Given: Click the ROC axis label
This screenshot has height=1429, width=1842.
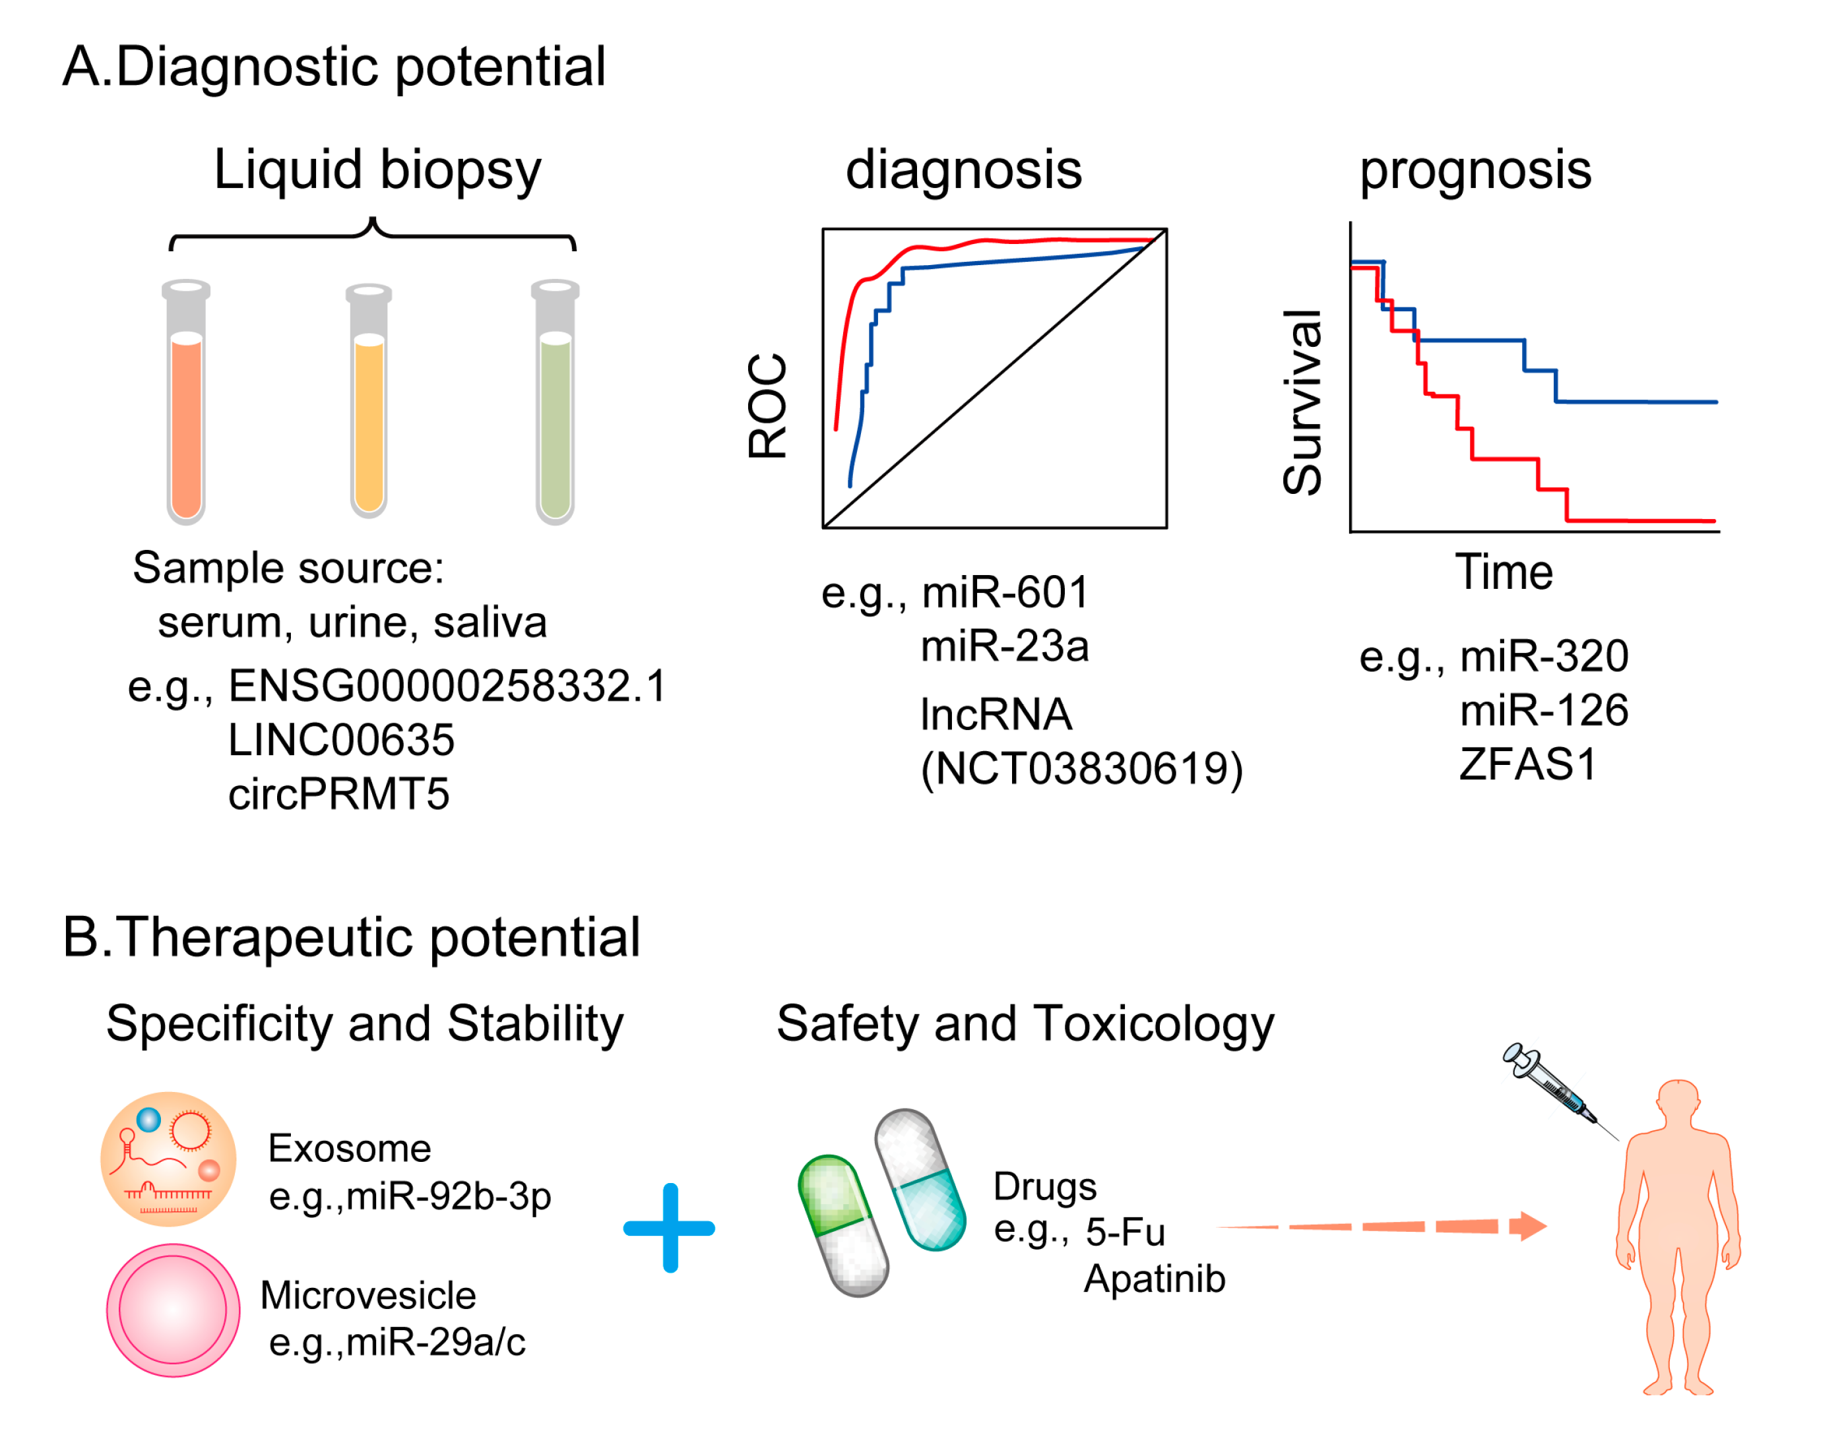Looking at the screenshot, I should pos(767,406).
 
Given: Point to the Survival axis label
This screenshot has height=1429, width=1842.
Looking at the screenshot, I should pos(1302,403).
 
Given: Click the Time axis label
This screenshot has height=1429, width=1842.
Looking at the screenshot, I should pos(1504,573).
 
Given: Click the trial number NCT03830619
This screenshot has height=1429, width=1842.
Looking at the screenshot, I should pos(1081,769).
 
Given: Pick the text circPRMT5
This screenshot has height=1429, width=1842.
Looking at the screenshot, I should pos(339,794).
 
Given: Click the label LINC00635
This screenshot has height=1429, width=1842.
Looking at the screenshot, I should pos(340,740).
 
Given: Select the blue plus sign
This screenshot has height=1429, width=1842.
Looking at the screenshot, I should pos(670,1229).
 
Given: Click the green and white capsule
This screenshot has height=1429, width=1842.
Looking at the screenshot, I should pos(843,1227).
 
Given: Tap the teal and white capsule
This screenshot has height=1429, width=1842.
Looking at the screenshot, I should pos(920,1180).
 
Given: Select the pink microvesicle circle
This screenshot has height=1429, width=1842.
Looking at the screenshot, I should pos(173,1310).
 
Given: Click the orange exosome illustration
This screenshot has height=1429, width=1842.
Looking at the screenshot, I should pos(169,1159).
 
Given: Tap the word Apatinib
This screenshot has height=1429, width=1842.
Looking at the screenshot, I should pos(1154,1279).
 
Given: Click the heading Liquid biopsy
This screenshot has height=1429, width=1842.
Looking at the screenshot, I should pos(377,169).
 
